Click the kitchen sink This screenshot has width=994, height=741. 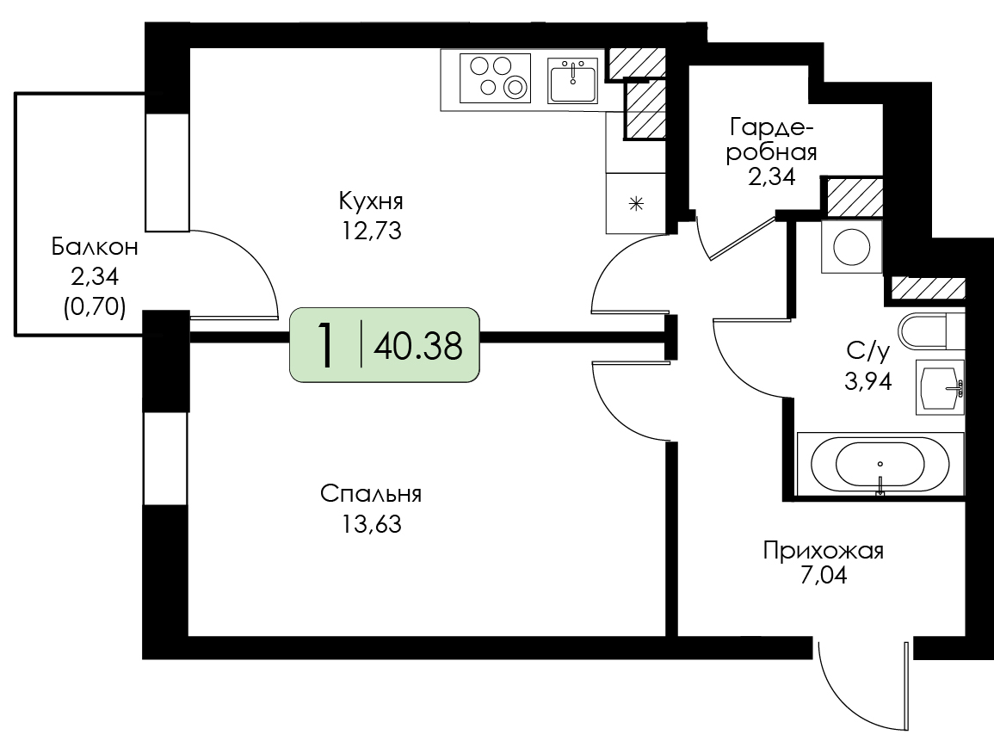pos(572,81)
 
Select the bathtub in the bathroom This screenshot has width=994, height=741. pos(880,464)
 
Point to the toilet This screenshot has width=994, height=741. pos(931,330)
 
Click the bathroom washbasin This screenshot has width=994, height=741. pos(940,386)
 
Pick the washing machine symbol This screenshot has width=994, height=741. pos(851,247)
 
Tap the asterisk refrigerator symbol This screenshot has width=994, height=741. pos(636,204)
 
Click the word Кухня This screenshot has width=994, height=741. pos(371,201)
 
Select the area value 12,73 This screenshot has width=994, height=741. pos(372,231)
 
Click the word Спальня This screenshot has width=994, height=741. pos(371,494)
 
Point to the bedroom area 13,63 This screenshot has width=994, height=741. pos(372,524)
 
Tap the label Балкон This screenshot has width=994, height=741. pos(95,247)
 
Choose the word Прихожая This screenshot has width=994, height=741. pos(823,551)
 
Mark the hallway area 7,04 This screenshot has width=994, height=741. pos(824,577)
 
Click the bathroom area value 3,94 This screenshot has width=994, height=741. pos(867,381)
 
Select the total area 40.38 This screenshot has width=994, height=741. pos(418,346)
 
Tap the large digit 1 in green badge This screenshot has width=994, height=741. pos(326,344)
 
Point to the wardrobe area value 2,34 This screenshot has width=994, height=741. pos(771,176)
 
